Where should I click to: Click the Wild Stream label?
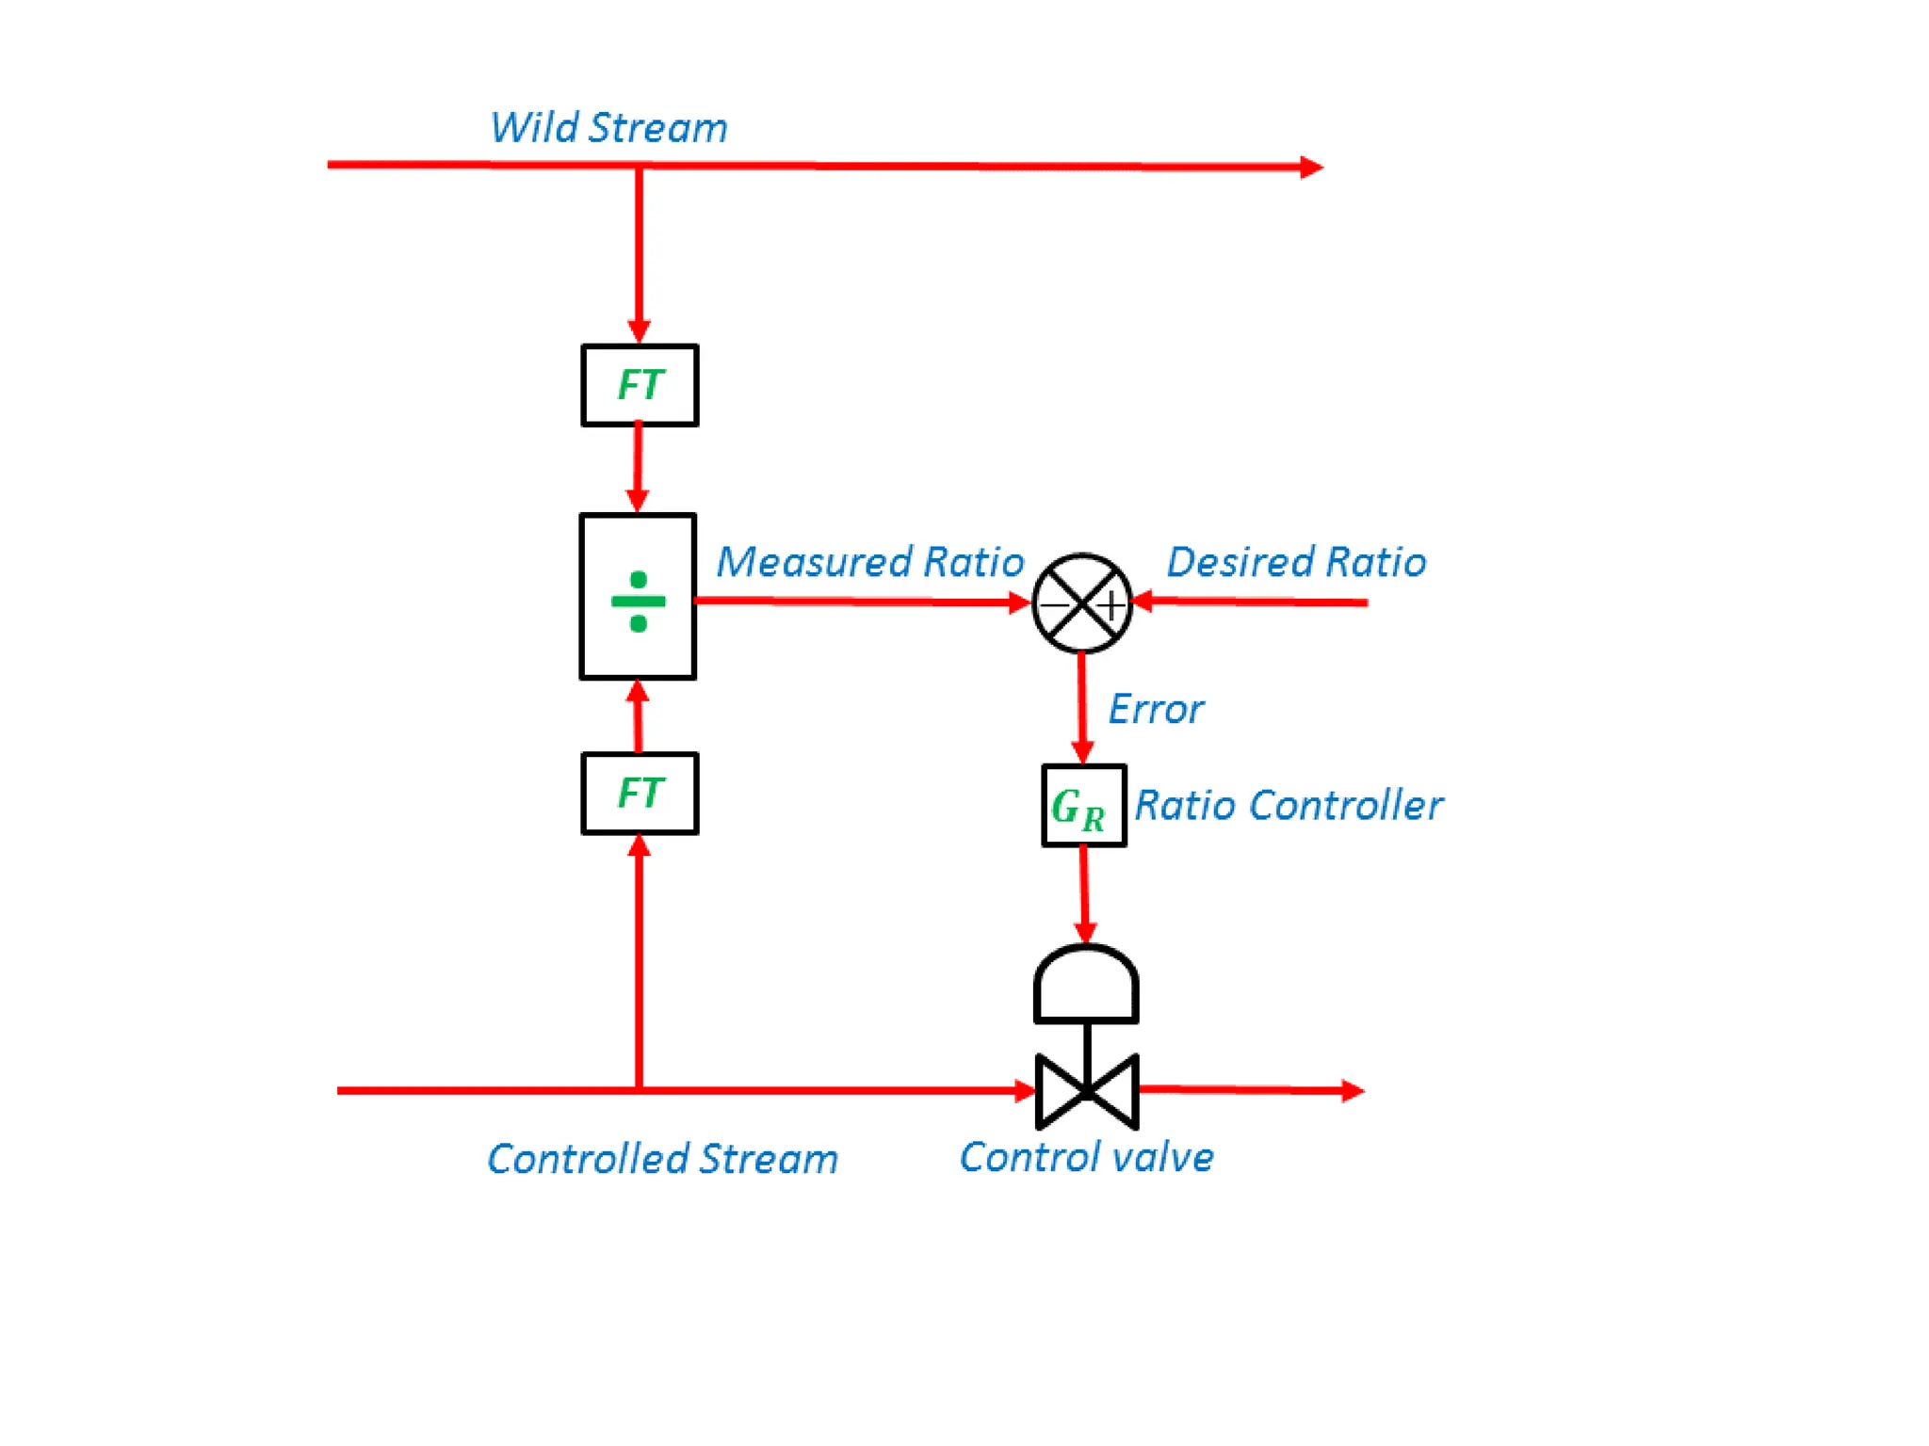[x=608, y=128]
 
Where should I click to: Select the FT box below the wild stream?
[x=640, y=385]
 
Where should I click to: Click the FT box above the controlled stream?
[x=640, y=793]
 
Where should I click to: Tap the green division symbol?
[x=638, y=601]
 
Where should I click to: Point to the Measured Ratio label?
[x=868, y=562]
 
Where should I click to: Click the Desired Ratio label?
[x=1295, y=562]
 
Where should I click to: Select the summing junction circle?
[x=1081, y=602]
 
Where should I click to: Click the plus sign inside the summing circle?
[x=1111, y=604]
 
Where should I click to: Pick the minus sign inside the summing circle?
[x=1054, y=605]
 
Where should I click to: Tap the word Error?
[x=1155, y=709]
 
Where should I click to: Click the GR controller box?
[x=1083, y=806]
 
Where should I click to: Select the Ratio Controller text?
[x=1288, y=806]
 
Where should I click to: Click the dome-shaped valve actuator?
[x=1086, y=984]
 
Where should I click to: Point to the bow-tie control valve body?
[x=1087, y=1092]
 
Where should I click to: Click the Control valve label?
[x=1086, y=1157]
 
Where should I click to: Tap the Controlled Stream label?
[x=662, y=1159]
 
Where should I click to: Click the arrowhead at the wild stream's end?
[x=1312, y=168]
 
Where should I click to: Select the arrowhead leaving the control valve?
[x=1353, y=1091]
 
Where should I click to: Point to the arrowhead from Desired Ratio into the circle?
[x=1143, y=602]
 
